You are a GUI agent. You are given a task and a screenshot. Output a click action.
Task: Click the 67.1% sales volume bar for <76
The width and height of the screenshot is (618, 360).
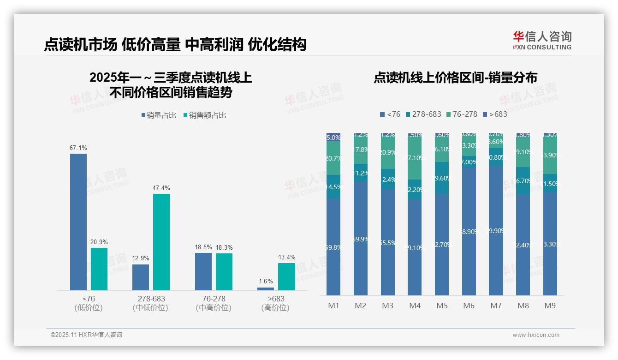[78, 222]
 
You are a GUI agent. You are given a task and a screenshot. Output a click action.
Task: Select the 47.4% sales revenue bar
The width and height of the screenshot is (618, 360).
[161, 242]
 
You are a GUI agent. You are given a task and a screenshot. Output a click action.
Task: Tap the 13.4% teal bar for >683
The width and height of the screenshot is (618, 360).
[286, 276]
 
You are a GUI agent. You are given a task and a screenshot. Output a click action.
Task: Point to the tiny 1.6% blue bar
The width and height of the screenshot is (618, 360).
[266, 289]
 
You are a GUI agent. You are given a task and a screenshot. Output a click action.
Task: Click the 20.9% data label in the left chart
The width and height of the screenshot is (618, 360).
[99, 242]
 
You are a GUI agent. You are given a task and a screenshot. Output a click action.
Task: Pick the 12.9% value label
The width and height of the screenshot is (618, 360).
[141, 258]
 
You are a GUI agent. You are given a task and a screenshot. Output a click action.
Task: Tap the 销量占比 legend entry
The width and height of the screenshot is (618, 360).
[159, 115]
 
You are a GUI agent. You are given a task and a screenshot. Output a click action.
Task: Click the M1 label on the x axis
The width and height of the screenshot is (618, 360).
[333, 306]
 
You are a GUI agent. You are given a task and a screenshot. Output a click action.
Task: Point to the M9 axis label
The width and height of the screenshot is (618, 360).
[550, 306]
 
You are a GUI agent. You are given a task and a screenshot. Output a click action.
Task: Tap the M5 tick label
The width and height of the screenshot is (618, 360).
[442, 306]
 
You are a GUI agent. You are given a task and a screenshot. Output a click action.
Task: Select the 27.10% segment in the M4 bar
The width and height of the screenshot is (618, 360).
[415, 158]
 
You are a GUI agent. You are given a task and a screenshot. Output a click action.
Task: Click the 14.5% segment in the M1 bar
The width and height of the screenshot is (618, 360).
[333, 187]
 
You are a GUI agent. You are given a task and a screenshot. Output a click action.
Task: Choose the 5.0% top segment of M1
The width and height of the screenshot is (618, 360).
[333, 137]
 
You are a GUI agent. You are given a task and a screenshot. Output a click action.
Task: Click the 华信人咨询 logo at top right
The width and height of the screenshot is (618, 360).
[542, 40]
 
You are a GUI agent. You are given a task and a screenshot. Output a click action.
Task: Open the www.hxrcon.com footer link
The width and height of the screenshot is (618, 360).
[536, 335]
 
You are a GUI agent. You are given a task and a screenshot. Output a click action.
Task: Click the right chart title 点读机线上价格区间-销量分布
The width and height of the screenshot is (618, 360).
[455, 78]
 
